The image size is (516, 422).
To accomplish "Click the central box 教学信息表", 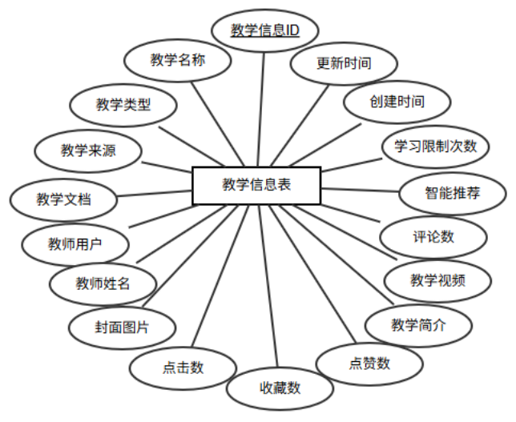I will coord(256,185).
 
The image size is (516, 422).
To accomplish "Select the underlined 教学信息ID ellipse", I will coord(264,31).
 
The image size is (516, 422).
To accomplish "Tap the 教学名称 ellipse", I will coord(178,60).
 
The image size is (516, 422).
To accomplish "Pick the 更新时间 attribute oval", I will coord(344,64).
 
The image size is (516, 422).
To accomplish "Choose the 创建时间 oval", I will coord(397,102).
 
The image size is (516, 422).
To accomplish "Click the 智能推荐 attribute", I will coord(453,193).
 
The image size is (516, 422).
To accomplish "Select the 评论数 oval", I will coord(433,236).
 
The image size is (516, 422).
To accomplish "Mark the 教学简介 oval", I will coord(417,324).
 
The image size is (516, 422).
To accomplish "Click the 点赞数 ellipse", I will coord(369,363).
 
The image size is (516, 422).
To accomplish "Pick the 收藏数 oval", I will coord(280,388).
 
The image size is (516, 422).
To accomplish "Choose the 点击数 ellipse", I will coord(183,368).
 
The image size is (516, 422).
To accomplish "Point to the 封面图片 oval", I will coord(121,327).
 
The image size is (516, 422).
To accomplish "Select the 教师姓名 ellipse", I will coord(102,283).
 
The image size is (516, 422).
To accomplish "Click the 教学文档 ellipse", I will coord(63,198).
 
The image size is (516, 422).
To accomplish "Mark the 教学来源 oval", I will coord(89,150).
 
